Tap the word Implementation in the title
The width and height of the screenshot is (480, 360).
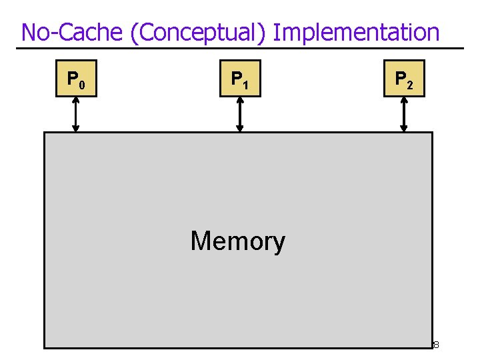point(357,32)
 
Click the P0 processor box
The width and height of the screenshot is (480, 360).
point(76,79)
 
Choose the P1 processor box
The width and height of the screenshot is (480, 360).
point(240,79)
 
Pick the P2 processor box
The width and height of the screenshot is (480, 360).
point(404,79)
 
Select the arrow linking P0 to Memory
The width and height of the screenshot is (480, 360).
point(76,115)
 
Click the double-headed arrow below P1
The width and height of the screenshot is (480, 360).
point(240,115)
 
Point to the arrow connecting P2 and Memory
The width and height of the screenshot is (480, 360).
point(403,115)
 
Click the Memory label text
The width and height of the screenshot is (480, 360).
point(238,241)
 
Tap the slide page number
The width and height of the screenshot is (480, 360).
point(435,345)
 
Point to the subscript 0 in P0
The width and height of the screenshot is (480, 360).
point(81,85)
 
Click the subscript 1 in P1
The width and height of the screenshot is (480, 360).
point(245,85)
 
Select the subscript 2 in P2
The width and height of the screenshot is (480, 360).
point(409,85)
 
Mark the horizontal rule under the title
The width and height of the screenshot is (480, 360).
point(240,48)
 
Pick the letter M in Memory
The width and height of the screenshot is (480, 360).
point(201,241)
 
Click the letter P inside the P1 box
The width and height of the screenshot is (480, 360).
point(236,78)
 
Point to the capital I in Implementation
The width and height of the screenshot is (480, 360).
point(276,32)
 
